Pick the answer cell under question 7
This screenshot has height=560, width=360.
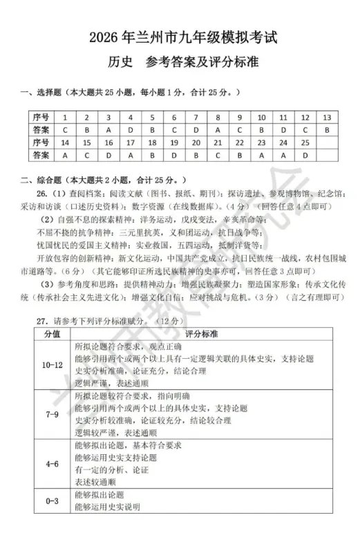click(x=196, y=129)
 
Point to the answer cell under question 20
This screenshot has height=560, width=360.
click(x=196, y=155)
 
